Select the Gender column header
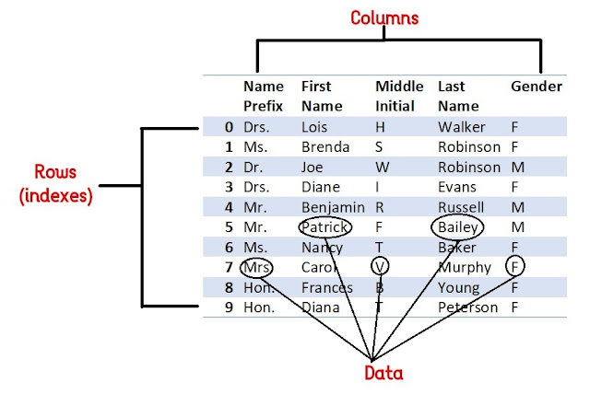(x=536, y=87)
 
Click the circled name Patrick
(x=324, y=226)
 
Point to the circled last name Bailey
(x=458, y=226)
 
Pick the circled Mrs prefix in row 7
(x=258, y=267)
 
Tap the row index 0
(x=228, y=126)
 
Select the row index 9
(x=228, y=307)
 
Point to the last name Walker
(x=460, y=126)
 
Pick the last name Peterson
(x=469, y=307)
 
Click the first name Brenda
(x=324, y=146)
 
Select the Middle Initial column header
(x=399, y=96)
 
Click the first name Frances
(x=325, y=287)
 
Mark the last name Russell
(x=461, y=206)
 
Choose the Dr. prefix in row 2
(x=254, y=167)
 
